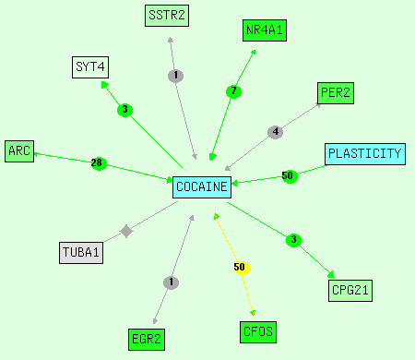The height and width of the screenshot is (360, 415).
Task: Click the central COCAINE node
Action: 202,187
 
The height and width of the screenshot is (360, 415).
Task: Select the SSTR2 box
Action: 167,16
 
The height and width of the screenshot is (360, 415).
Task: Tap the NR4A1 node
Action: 265,30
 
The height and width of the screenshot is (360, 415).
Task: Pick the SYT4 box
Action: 90,67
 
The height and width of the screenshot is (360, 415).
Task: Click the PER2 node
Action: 336,93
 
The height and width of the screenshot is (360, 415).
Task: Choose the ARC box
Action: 19,151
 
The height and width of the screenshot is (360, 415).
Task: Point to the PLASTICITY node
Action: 365,154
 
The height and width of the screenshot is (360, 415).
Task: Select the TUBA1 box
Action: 81,253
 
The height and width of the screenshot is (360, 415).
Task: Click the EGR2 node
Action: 147,340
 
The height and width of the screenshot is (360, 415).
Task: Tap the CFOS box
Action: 258,332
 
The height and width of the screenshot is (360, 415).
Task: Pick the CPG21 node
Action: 350,291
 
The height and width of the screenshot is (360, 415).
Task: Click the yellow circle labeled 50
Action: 242,268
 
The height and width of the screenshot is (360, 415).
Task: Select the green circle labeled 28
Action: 99,163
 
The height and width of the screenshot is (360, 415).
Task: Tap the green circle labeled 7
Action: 233,91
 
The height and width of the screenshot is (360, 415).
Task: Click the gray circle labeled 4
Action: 276,132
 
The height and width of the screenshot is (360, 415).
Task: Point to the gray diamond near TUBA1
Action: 126,231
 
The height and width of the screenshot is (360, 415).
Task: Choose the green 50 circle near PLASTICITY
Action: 290,176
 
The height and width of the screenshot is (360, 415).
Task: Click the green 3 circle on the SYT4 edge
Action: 125,110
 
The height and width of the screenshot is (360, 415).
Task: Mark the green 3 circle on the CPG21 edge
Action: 293,240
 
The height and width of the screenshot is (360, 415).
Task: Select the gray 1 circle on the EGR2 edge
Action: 171,282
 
